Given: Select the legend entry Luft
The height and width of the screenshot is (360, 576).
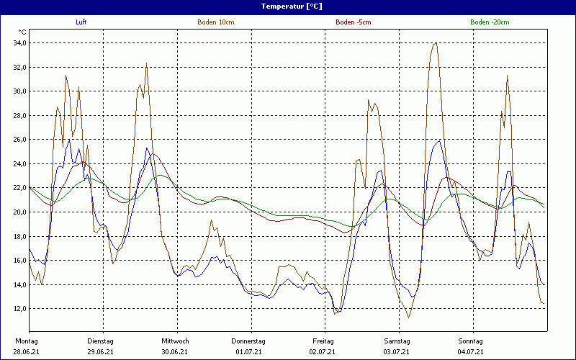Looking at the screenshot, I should click(82, 22).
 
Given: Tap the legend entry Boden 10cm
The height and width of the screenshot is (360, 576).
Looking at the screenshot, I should click(215, 22).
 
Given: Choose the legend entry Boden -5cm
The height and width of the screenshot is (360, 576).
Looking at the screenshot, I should click(353, 22).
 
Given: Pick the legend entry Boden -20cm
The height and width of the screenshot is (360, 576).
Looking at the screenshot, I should click(488, 22).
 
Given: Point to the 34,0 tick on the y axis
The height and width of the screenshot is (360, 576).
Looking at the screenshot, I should click(19, 43).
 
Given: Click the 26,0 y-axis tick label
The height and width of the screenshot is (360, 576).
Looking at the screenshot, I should click(19, 140).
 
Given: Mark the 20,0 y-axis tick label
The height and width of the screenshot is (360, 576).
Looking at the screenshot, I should click(19, 212).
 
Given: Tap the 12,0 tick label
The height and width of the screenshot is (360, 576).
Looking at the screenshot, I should click(19, 309).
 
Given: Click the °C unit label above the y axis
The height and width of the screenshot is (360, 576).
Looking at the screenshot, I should click(22, 32).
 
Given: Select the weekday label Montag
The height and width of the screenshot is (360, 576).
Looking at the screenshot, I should click(27, 341).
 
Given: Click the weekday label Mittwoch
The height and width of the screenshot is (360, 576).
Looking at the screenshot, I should click(175, 341).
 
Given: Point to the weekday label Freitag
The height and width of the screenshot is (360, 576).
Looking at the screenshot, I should click(323, 341).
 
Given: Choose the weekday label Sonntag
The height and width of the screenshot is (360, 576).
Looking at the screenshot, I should click(471, 341).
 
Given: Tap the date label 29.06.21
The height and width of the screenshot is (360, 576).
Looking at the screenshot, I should click(100, 351).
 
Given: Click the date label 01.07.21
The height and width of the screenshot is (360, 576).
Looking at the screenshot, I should click(248, 351).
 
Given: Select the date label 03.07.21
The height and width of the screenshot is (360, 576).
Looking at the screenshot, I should click(397, 351).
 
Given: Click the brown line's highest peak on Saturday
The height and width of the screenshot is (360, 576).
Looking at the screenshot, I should click(435, 43).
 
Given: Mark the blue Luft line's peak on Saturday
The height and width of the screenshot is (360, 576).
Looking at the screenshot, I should click(438, 141).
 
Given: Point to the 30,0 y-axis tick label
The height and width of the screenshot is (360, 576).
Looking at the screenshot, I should click(19, 91).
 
